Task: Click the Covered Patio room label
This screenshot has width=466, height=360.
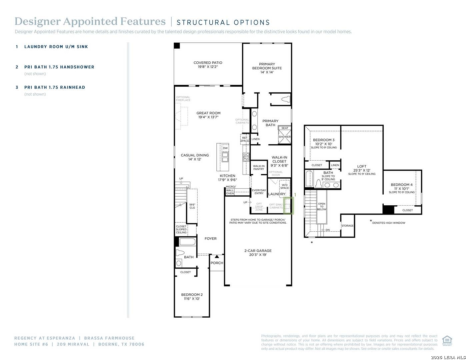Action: pos(208,65)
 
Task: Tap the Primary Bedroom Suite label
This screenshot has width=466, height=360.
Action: pos(267,68)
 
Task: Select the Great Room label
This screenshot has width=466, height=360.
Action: pos(208,115)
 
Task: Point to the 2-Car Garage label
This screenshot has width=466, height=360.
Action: pos(258,253)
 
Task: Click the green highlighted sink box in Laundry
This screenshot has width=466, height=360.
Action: pos(288,206)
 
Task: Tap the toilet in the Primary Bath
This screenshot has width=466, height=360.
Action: pos(286,99)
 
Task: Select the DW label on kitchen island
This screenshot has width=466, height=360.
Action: pos(225,148)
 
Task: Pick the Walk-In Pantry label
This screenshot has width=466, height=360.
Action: pos(259,167)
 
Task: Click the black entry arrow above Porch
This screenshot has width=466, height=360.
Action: pos(217,257)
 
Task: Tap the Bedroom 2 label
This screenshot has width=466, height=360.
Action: pos(192,297)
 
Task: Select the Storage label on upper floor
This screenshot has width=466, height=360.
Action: pos(347,226)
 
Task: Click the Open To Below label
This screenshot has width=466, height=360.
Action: pos(322,207)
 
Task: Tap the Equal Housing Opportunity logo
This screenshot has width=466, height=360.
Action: pos(447,341)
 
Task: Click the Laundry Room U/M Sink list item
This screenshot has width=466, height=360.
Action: pos(56,47)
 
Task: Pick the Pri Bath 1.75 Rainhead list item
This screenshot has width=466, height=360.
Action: pos(55,87)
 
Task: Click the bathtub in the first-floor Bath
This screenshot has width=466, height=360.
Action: pos(187,242)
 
